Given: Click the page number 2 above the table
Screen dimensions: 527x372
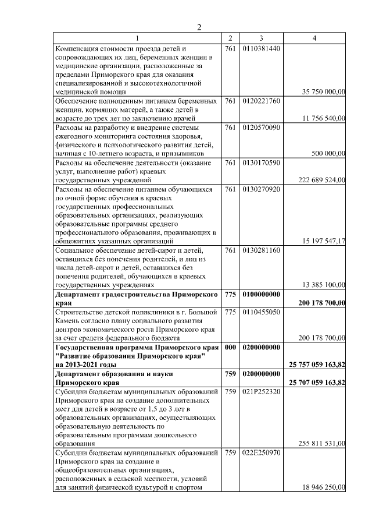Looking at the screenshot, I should [x=199, y=27].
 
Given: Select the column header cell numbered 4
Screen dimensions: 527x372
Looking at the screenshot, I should [x=314, y=38].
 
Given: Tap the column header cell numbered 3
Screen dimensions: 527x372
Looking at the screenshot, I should [x=262, y=38].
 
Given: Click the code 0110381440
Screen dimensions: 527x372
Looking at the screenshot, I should [x=262, y=48].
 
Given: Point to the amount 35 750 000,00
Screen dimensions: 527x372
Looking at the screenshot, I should [x=324, y=92].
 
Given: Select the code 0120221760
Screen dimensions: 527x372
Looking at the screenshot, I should [x=262, y=101].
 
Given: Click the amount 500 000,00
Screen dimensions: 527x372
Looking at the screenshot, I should [x=328, y=153].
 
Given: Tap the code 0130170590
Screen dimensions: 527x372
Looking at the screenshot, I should [x=262, y=162].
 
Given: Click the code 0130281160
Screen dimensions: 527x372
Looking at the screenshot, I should [x=262, y=250].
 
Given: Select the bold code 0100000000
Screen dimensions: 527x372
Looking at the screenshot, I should [x=262, y=294].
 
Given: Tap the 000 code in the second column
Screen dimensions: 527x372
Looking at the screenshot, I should [x=230, y=347].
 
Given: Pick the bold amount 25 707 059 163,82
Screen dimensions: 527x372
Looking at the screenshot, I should [x=317, y=382].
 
